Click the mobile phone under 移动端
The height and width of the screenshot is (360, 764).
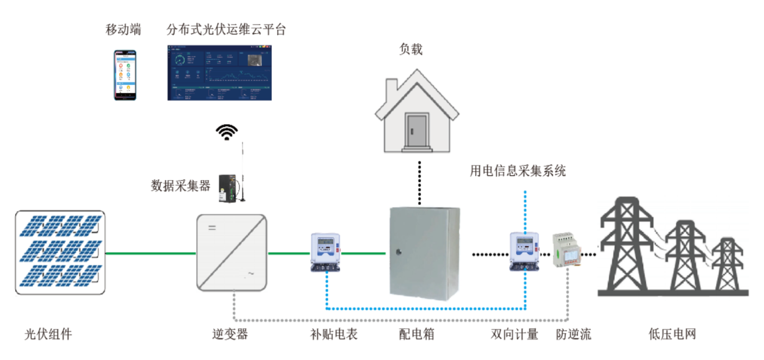point(125,75)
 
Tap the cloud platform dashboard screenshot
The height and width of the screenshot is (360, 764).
point(219,73)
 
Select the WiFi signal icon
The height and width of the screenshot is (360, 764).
point(227,132)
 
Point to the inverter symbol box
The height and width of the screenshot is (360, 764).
point(231,253)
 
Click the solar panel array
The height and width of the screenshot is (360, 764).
point(60,253)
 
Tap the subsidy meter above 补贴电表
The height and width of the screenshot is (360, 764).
point(325,252)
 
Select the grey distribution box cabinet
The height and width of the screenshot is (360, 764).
point(423,253)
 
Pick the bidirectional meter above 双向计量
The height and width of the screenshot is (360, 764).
point(524,251)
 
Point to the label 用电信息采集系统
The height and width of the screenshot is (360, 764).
point(517,171)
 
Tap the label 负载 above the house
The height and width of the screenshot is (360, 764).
point(410,49)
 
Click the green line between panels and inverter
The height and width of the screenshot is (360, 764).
point(150,253)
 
